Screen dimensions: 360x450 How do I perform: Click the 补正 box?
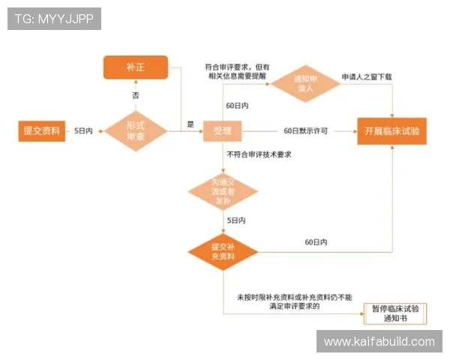click(x=136, y=67)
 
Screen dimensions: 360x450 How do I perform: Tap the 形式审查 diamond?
click(x=135, y=130)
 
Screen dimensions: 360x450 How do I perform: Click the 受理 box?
click(x=222, y=131)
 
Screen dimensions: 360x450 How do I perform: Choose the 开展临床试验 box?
click(x=391, y=130)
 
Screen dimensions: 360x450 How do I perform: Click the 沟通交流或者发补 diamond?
click(x=223, y=191)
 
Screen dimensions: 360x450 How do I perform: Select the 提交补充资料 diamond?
click(x=223, y=250)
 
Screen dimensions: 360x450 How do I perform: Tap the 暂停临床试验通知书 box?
click(x=396, y=313)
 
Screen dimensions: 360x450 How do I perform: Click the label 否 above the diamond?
click(x=136, y=96)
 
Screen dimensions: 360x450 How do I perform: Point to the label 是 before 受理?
click(x=190, y=124)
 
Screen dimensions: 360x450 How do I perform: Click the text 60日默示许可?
click(x=306, y=130)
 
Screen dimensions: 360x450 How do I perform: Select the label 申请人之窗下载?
click(x=367, y=77)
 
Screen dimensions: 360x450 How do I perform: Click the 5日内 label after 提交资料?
click(x=83, y=130)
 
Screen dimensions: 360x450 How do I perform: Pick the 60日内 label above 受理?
click(x=238, y=105)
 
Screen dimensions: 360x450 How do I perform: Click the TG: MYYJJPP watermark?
click(x=54, y=19)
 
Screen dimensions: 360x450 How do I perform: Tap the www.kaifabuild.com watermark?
click(x=379, y=341)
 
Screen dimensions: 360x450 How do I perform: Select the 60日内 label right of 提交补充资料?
click(x=316, y=242)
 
